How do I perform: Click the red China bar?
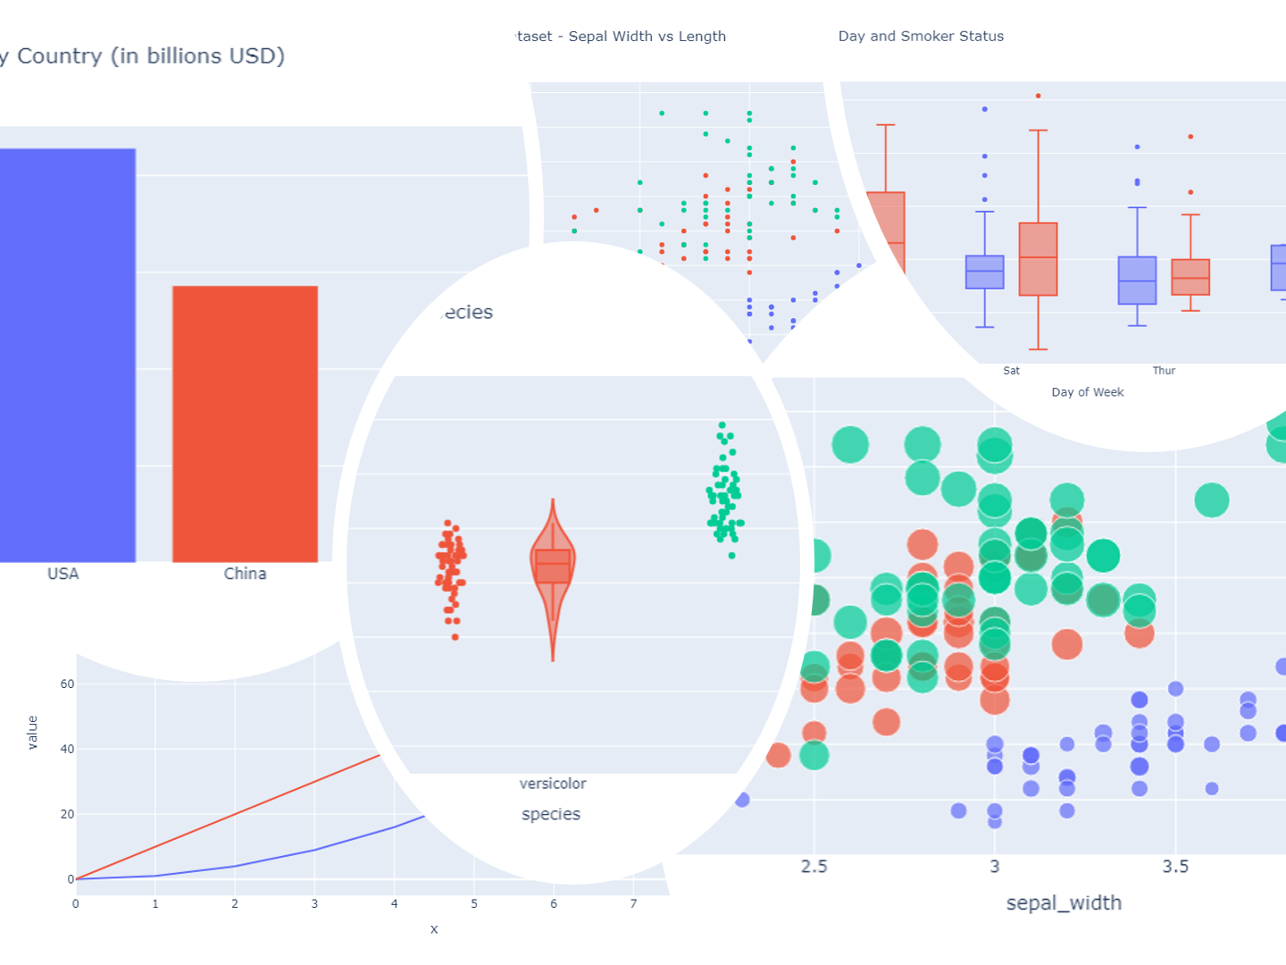coord(245,424)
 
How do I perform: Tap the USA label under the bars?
coord(63,574)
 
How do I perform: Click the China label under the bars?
coord(245,574)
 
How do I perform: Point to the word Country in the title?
coord(60,56)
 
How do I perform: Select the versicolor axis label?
coord(553,784)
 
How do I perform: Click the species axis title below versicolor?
coord(551,814)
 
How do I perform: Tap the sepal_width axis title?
coord(1064,902)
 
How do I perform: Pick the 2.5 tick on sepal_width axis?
coord(814,867)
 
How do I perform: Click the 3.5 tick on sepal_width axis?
coord(1175,867)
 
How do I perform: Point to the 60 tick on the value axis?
coord(67,684)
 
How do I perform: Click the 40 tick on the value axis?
coord(67,750)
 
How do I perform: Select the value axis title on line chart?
coord(33,732)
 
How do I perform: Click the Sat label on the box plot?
coord(1011,371)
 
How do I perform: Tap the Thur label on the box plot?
coord(1164,371)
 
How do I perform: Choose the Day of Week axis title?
coord(1088,392)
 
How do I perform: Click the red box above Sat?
coord(1038,259)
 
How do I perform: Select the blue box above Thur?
coord(1137,281)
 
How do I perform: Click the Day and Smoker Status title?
coord(921,37)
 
